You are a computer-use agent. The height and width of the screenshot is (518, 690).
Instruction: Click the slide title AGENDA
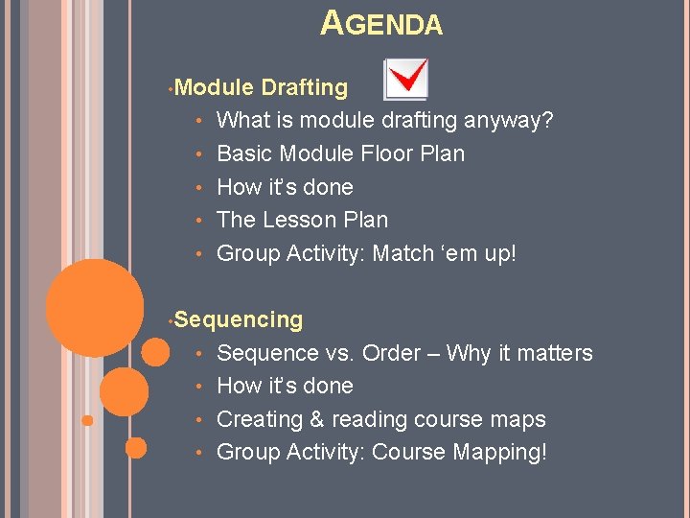coord(381,23)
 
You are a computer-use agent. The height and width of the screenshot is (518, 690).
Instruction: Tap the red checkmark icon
coord(406,80)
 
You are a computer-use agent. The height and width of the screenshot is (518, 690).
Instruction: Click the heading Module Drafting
coord(262,87)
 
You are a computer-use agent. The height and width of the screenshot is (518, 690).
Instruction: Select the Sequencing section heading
coord(239,319)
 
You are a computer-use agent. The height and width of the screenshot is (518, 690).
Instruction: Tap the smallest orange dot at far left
coord(87,420)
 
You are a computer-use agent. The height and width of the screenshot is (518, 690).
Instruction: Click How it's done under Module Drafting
coord(285,187)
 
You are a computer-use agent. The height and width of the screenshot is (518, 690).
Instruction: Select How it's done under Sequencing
coord(285,386)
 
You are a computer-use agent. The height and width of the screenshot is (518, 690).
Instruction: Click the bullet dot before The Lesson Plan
coord(197,221)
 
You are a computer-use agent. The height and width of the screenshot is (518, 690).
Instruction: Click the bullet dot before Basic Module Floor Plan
coord(197,154)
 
